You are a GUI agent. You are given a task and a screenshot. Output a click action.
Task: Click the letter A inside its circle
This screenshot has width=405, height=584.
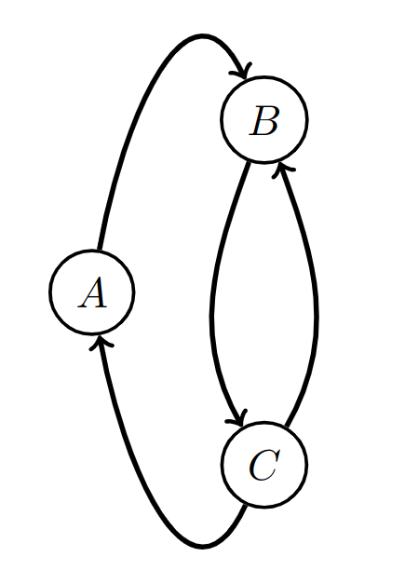(x=92, y=293)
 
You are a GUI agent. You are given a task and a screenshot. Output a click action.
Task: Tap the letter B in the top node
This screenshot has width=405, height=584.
(x=264, y=121)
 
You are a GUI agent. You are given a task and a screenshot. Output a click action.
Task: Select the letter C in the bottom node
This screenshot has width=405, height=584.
(x=263, y=465)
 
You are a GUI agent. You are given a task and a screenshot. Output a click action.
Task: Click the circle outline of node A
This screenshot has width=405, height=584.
(x=50, y=293)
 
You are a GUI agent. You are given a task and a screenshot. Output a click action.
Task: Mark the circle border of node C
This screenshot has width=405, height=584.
(x=306, y=465)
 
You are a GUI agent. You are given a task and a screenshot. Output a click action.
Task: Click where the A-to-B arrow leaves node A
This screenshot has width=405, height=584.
(x=100, y=251)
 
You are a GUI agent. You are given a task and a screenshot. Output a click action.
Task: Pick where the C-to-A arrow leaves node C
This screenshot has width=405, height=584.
(x=246, y=504)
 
